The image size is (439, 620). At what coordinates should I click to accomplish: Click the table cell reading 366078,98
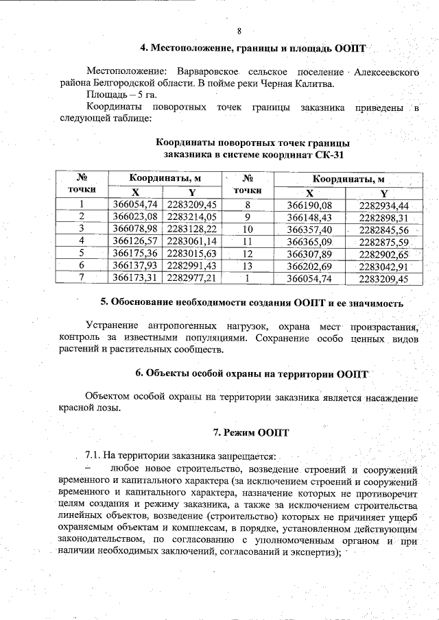(135, 229)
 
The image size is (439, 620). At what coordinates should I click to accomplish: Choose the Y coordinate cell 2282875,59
(383, 242)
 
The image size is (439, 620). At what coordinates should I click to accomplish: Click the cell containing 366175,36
(135, 254)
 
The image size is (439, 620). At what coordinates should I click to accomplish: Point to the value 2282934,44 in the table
(383, 205)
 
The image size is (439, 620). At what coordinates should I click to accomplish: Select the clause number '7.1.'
(93, 456)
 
